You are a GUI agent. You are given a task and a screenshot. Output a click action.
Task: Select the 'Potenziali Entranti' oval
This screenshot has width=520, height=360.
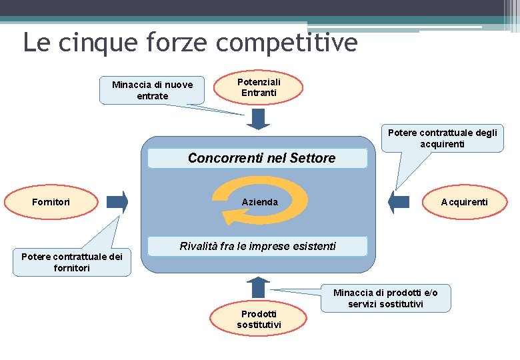[259, 87]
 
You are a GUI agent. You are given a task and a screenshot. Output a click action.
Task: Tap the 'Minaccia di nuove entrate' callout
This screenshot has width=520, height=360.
[152, 90]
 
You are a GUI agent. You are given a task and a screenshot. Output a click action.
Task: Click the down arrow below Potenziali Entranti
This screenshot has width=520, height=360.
[258, 118]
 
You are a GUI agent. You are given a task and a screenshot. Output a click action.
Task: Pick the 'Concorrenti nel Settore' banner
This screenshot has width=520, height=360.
[257, 158]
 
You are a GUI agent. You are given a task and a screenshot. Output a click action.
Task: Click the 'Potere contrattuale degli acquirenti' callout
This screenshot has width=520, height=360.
[442, 138]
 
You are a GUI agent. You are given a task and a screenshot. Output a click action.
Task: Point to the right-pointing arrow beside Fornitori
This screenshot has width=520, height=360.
[117, 202]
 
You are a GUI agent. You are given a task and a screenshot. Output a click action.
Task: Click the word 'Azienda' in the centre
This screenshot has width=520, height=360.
[259, 202]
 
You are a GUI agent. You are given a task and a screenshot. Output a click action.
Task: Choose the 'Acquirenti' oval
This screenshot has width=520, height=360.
[464, 201]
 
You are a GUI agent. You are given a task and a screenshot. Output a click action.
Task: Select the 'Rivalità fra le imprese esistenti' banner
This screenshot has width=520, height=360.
[257, 246]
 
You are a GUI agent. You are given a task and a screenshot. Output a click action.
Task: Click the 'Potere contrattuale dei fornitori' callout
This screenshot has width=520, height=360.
[72, 262]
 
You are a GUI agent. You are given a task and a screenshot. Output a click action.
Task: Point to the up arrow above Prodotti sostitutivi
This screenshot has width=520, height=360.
[258, 287]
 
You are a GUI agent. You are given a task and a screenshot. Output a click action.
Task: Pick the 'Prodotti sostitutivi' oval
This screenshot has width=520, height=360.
[259, 319]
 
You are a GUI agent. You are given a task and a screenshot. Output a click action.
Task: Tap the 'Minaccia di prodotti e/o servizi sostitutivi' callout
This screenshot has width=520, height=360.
[385, 298]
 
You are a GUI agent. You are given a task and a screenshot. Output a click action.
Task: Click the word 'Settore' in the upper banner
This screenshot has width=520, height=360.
[314, 158]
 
